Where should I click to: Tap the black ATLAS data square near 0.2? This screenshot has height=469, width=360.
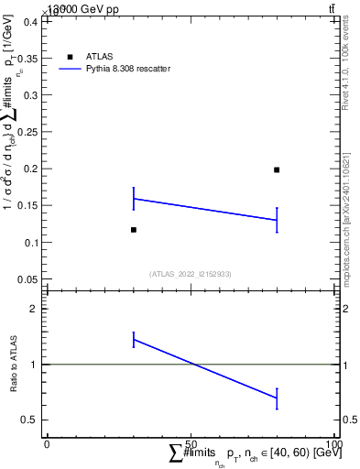[x=277, y=169]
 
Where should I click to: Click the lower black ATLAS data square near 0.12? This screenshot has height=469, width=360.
[x=134, y=229]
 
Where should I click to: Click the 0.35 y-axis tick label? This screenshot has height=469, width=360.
[x=27, y=58]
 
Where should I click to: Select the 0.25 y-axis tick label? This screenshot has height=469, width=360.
[x=27, y=132]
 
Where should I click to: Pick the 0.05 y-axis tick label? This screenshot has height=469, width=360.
[x=27, y=279]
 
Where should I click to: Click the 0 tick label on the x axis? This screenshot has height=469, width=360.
[x=47, y=445]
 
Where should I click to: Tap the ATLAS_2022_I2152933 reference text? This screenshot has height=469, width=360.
[x=190, y=274]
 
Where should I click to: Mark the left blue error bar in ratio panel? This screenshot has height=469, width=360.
[x=134, y=339]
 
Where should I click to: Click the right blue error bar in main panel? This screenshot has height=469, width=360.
[x=277, y=220]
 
